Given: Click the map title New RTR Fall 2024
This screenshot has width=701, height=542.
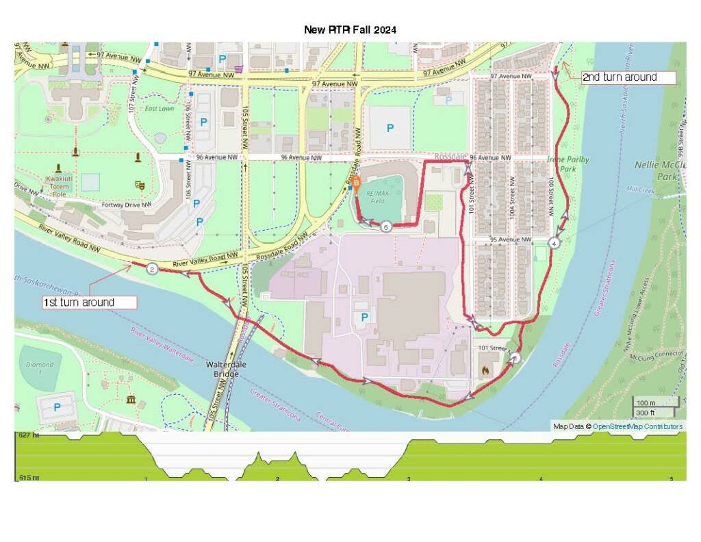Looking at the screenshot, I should point(350,30).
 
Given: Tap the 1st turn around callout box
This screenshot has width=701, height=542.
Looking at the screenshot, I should point(90,302).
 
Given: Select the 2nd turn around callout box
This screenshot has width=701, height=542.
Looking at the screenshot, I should point(628,77).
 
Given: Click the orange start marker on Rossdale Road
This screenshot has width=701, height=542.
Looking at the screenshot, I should point(356,183).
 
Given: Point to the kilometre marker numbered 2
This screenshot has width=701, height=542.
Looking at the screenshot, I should point(152,269).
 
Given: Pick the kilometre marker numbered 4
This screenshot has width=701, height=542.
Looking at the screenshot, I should point(553,243).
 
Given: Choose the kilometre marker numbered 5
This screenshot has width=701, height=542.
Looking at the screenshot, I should point(386,227).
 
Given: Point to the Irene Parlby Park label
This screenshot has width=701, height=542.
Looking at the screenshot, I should point(568,164).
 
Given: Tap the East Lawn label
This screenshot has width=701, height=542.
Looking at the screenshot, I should point(159,109).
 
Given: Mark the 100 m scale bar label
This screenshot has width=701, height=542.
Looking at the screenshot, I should point(646,402).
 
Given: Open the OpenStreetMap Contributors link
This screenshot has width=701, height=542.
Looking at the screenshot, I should point(637,427).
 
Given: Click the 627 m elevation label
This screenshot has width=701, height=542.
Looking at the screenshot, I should point(29,435).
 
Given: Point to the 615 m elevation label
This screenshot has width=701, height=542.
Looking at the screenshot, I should point(29,478).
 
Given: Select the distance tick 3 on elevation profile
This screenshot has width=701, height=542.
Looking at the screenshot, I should point(409,478).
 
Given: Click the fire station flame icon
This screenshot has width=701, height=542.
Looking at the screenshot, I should point(485,371).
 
